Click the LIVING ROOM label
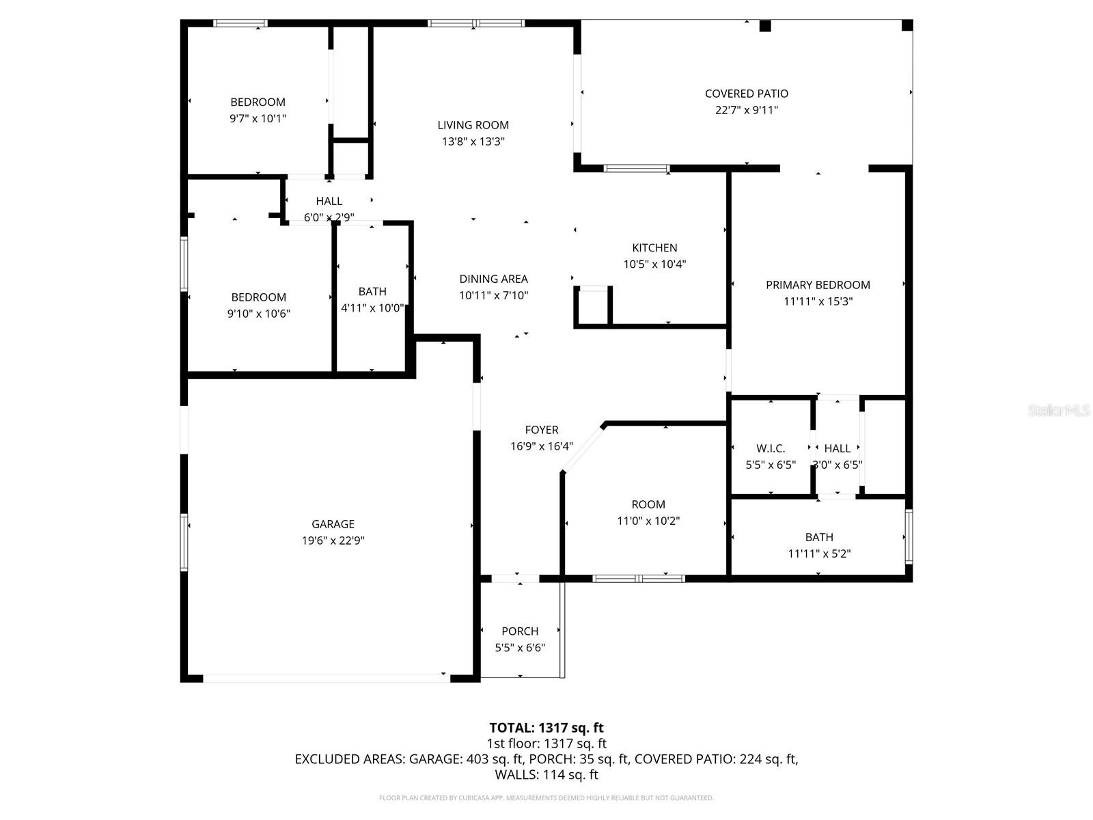pos(473,125)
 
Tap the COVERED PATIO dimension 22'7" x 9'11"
pos(746,110)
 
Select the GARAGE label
pos(333,524)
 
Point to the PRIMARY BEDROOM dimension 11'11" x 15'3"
pos(818,301)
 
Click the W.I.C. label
pos(771,448)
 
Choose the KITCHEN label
pos(654,248)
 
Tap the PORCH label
pos(520,631)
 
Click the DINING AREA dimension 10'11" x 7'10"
pos(493,295)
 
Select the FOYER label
pos(541,430)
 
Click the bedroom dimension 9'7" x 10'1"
pos(258,118)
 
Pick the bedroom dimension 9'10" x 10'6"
pos(258,314)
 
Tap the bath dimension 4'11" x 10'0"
pos(372,308)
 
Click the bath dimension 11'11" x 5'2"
pos(818,554)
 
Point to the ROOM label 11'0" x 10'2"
pos(648,504)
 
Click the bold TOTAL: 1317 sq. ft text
pos(546,728)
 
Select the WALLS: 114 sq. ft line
pos(546,775)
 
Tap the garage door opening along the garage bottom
pos(326,678)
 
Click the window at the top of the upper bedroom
pos(240,23)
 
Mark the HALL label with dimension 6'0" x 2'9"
pos(329,201)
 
